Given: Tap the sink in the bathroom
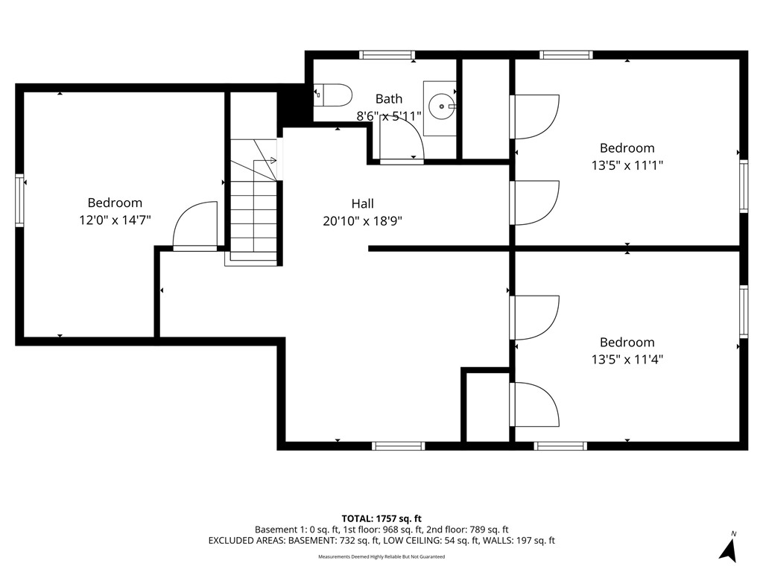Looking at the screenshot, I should [x=442, y=107].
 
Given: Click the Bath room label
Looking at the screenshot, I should [x=388, y=98].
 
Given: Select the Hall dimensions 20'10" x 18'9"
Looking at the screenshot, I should [x=363, y=220].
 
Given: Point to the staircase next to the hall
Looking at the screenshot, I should [x=254, y=201].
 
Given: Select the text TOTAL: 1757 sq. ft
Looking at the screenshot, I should [x=381, y=518].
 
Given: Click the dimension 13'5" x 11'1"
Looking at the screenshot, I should [x=627, y=165].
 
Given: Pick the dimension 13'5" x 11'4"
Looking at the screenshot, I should [x=627, y=359].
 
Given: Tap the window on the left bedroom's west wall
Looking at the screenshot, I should [x=20, y=200].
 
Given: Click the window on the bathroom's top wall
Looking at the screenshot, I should [x=387, y=54].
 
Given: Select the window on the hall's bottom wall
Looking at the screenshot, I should [x=398, y=446].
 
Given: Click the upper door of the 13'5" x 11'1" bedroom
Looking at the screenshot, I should [x=534, y=117].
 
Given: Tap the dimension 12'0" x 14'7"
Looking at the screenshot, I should [x=115, y=220].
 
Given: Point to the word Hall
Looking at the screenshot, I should [x=363, y=203].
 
